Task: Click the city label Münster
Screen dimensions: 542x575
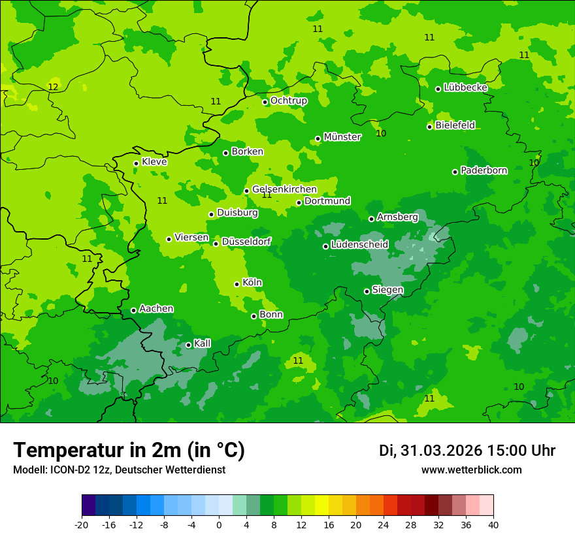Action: (x=342, y=137)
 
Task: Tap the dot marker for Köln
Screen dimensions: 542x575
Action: (x=237, y=284)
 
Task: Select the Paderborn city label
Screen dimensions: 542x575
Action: (x=484, y=170)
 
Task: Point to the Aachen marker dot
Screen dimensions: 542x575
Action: (x=133, y=310)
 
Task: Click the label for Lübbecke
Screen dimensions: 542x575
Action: (x=465, y=88)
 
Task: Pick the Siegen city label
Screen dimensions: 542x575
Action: (x=387, y=290)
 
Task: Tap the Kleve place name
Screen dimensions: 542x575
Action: (x=154, y=162)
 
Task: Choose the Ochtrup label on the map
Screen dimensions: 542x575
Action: (x=288, y=101)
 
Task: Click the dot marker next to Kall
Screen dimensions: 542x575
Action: (x=188, y=345)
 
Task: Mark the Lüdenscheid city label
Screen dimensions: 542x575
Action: (x=359, y=245)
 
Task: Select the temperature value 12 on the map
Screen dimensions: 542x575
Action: (x=53, y=88)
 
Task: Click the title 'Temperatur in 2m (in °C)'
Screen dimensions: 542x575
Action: (x=129, y=451)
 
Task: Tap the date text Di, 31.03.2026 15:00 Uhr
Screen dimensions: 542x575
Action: (x=467, y=451)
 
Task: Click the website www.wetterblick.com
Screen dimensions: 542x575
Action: (x=471, y=470)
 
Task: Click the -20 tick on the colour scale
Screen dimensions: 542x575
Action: (x=82, y=524)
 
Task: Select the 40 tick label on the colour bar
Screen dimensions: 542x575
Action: (x=493, y=524)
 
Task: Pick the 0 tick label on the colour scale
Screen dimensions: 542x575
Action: (x=219, y=524)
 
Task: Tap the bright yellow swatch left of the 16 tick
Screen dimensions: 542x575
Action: (x=321, y=505)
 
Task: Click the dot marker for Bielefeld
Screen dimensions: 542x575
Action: (x=429, y=127)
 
